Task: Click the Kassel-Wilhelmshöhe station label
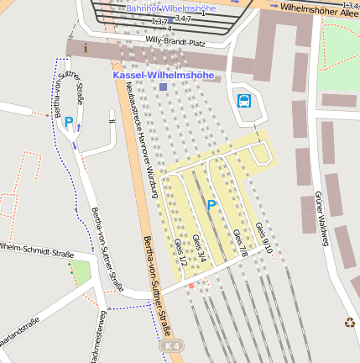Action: point(164,75)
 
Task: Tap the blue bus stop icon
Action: point(244,102)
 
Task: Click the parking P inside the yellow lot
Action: point(211,204)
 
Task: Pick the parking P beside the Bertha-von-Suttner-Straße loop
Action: point(68,121)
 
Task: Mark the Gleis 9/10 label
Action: point(264,239)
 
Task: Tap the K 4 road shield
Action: point(171,346)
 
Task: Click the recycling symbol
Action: point(349,321)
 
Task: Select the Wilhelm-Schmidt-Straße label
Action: point(37,250)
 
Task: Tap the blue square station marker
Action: point(163,87)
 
